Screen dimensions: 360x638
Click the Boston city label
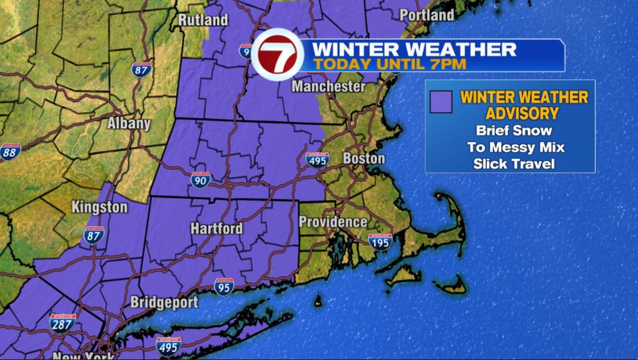363,158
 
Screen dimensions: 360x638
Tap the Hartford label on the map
216,228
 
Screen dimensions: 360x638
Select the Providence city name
333,222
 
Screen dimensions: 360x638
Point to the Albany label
129,122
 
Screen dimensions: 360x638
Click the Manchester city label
328,86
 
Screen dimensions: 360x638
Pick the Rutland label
203,19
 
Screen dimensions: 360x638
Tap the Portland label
427,14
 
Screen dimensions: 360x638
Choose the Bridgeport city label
164,302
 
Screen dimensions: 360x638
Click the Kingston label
99,207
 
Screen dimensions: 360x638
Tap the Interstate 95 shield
223,286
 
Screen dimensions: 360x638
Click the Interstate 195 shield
379,241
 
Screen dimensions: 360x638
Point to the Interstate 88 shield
10,151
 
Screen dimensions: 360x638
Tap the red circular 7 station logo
278,54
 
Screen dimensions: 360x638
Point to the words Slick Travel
514,164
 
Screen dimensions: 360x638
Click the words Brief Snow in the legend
514,131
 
